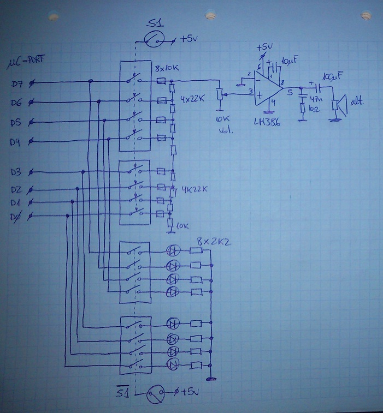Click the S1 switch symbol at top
(x=156, y=39)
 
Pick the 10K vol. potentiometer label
(x=222, y=125)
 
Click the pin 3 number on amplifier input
(x=250, y=91)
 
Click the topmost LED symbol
(x=174, y=251)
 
